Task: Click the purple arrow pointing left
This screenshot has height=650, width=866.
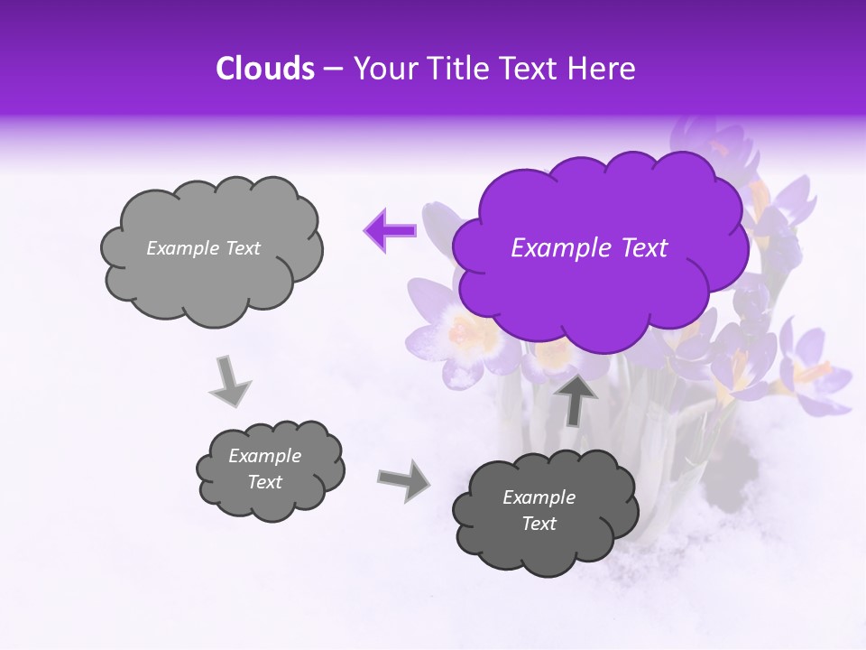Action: point(390,230)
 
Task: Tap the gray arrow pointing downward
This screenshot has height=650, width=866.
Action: point(230,382)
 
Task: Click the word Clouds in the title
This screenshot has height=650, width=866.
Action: point(264,69)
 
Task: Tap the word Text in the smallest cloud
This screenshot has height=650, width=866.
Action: point(265,482)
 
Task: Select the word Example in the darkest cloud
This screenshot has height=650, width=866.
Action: point(539,497)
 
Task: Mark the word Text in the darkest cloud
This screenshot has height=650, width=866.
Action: point(539,524)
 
